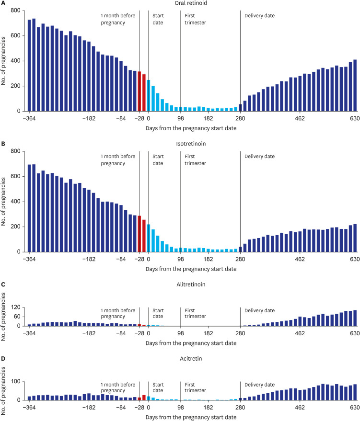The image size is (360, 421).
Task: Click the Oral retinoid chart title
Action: pyautogui.click(x=191, y=3)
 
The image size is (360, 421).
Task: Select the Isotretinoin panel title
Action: pyautogui.click(x=191, y=144)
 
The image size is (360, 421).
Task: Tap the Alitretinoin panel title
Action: pyautogui.click(x=191, y=284)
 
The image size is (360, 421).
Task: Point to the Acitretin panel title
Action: pyautogui.click(x=191, y=358)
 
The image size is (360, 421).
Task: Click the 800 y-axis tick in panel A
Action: pyautogui.click(x=16, y=11)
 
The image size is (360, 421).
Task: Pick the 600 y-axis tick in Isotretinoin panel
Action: pyautogui.click(x=16, y=176)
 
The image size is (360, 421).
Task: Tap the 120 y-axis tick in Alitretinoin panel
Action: pyautogui.click(x=16, y=307)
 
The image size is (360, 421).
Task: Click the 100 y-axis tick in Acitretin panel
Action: pyautogui.click(x=16, y=382)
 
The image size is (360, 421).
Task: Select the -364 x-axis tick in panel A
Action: pyautogui.click(x=29, y=118)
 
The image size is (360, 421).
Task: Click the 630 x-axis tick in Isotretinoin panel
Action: pyautogui.click(x=355, y=259)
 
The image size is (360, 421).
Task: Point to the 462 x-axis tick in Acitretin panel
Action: pyautogui.click(x=300, y=407)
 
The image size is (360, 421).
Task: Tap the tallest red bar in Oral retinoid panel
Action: pyautogui.click(x=139, y=91)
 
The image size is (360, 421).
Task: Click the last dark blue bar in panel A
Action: pyautogui.click(x=355, y=85)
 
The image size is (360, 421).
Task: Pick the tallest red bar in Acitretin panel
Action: pyautogui.click(x=144, y=398)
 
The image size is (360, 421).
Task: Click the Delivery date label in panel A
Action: pyautogui.click(x=259, y=16)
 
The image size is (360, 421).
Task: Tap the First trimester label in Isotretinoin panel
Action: pyautogui.click(x=195, y=160)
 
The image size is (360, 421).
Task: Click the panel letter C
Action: pyautogui.click(x=3, y=284)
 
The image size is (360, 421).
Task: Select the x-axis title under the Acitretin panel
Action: pyautogui.click(x=191, y=417)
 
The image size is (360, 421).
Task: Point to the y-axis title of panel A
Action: pyautogui.click(x=3, y=61)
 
